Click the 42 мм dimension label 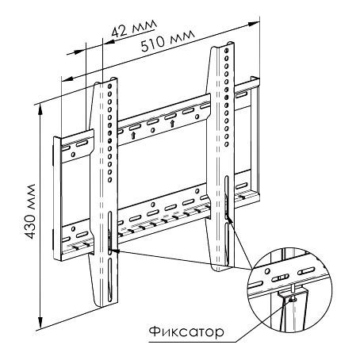(x=134, y=29)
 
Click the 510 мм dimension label (x=168, y=40)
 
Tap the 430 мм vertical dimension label (x=31, y=212)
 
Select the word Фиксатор (x=186, y=331)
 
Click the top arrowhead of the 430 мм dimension (x=40, y=109)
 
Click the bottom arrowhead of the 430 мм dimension (x=40, y=323)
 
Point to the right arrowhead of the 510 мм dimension (x=254, y=24)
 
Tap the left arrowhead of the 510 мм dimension (x=67, y=79)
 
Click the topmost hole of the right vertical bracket (x=227, y=50)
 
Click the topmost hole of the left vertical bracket (x=109, y=86)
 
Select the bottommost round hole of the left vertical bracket (x=109, y=180)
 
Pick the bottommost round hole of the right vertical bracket (x=227, y=144)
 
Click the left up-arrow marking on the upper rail (x=133, y=135)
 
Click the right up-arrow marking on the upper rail (x=172, y=123)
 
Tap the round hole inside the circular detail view (x=267, y=271)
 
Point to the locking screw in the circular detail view (x=292, y=299)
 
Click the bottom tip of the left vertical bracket (x=101, y=307)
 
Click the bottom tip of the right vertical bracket (x=217, y=270)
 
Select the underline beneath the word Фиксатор (x=192, y=343)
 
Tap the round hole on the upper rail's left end (x=73, y=154)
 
